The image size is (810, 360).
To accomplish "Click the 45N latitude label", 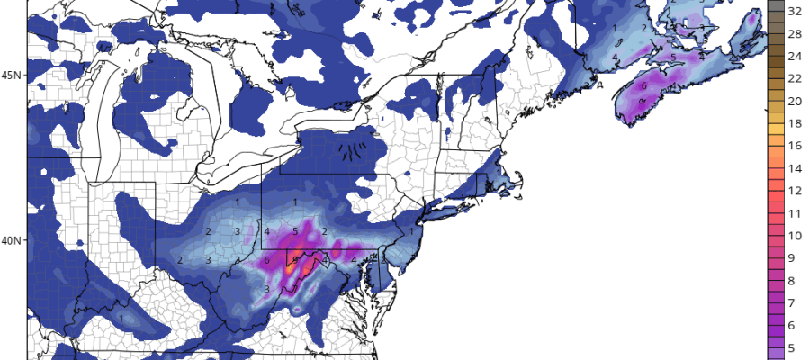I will coord(12,75).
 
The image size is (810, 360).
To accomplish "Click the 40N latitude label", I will coord(12,240).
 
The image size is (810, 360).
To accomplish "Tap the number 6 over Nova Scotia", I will coord(643,86).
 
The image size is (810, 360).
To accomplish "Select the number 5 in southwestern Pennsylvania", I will coord(295,231).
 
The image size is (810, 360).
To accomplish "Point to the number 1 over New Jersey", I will coord(411,231).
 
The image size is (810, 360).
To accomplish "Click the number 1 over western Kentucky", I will coord(121,317).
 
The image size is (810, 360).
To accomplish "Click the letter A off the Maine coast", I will coord(598,87).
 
